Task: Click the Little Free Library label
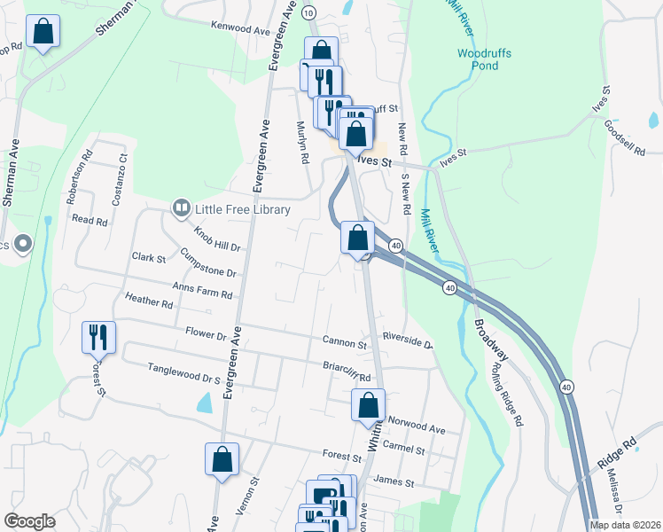(x=243, y=209)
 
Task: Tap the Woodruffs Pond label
(x=484, y=59)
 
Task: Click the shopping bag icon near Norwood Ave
(x=368, y=406)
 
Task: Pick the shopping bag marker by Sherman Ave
(x=42, y=33)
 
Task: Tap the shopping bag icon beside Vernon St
(x=222, y=459)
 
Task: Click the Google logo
(x=29, y=521)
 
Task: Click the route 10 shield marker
(x=308, y=12)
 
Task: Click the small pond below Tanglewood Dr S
(x=205, y=405)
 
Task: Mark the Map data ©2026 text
(x=625, y=525)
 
